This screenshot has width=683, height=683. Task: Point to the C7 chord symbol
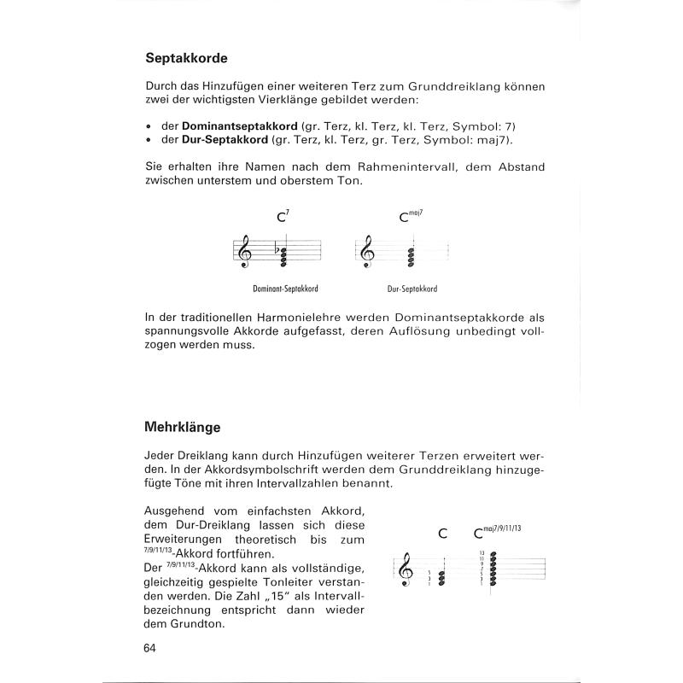point(283,217)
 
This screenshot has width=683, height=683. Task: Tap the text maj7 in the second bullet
point(495,139)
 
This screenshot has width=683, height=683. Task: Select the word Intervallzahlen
point(294,484)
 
